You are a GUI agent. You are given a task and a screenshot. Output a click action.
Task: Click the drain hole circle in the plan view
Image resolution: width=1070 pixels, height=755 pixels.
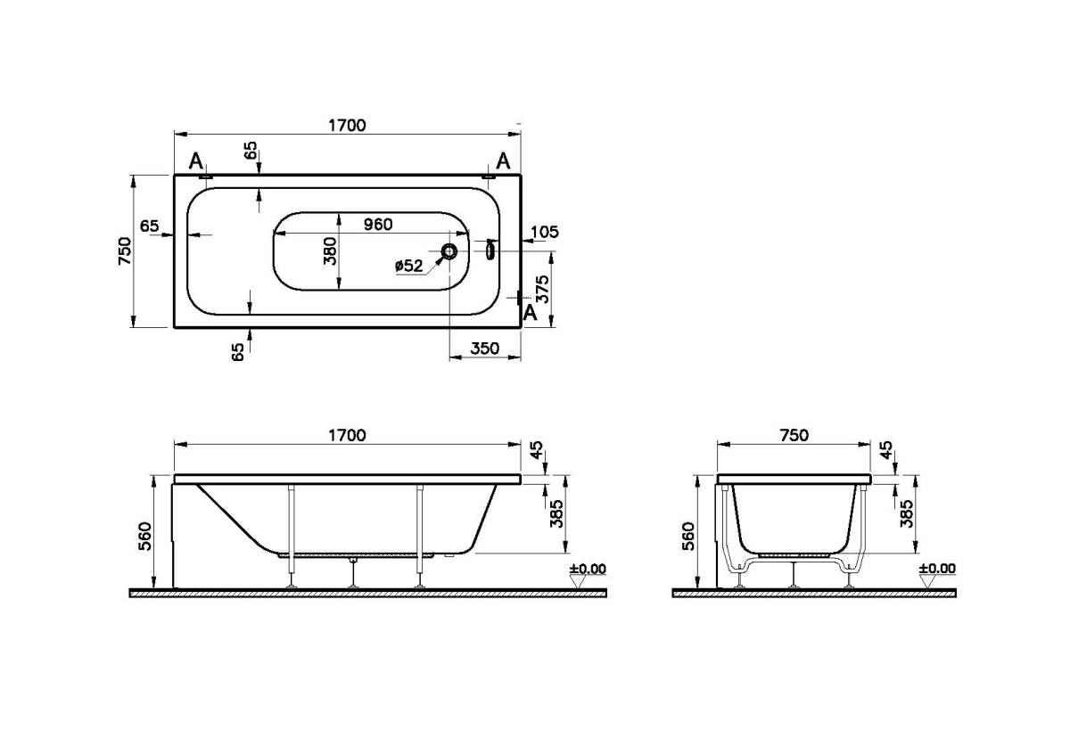(449, 250)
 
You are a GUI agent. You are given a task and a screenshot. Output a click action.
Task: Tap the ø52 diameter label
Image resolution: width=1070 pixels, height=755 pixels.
(409, 266)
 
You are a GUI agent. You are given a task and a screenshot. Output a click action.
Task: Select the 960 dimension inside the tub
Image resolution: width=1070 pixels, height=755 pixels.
(378, 224)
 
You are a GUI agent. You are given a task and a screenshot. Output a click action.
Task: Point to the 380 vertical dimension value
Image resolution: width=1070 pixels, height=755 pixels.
(330, 251)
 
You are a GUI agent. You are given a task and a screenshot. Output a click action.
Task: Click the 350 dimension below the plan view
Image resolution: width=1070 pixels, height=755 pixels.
(485, 349)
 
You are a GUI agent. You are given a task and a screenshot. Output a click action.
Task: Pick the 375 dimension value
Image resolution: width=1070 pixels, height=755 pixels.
(543, 289)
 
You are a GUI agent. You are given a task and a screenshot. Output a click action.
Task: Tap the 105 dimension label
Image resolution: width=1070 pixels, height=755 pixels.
(545, 232)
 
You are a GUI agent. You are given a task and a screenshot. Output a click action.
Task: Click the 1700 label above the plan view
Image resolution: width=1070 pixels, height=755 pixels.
(347, 125)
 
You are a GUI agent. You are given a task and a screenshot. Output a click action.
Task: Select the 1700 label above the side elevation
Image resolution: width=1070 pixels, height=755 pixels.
(347, 435)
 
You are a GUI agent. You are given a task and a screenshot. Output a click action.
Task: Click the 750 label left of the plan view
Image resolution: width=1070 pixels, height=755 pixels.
(125, 251)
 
